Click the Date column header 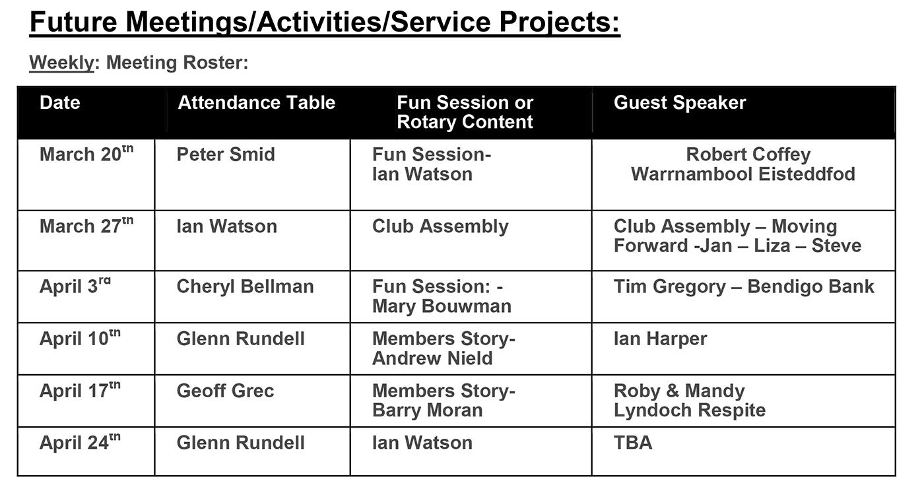(x=60, y=102)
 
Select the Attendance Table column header (x=256, y=102)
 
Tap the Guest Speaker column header (x=680, y=102)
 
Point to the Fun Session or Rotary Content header (x=465, y=112)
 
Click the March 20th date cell (x=86, y=154)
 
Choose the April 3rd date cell (x=75, y=286)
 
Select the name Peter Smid (x=226, y=154)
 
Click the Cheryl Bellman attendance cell (x=245, y=286)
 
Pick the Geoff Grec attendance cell (x=225, y=391)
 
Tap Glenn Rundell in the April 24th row (x=240, y=443)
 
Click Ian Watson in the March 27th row (x=227, y=226)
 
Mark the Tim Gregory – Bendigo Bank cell (x=744, y=286)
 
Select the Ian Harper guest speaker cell (x=660, y=339)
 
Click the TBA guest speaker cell (x=633, y=443)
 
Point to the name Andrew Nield (x=432, y=358)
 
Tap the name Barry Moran (x=428, y=410)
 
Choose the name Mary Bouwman (x=442, y=306)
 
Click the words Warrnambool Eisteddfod (x=743, y=174)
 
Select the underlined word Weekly (x=62, y=63)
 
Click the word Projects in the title (x=560, y=22)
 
